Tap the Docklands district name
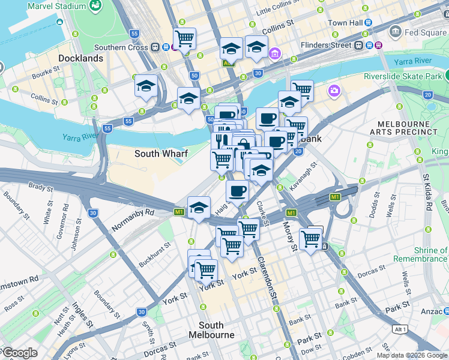pos(81,58)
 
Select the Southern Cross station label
pos(122,47)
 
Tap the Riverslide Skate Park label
pos(403,76)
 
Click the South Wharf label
pos(161,154)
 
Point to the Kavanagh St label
pos(303,174)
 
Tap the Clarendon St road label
pos(267,278)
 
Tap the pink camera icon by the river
pos(334,91)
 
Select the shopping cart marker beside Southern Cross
pos(184,39)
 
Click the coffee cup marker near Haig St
pos(238,191)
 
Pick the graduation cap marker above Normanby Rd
pos(199,208)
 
